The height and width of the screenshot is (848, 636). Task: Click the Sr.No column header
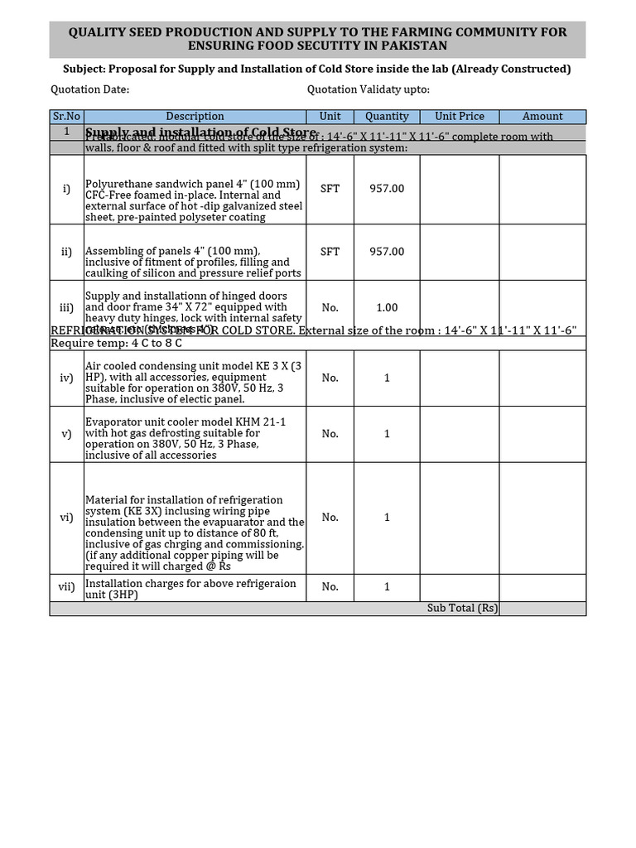(66, 117)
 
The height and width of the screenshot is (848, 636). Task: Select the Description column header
(195, 117)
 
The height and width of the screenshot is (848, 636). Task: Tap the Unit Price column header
(460, 117)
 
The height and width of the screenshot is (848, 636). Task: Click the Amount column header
(542, 117)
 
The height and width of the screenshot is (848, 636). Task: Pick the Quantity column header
(387, 117)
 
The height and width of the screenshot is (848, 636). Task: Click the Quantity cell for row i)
(387, 189)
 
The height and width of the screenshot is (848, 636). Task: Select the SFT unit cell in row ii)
(330, 252)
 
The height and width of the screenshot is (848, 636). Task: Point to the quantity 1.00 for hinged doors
(387, 307)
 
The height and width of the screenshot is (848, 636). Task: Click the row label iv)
(66, 378)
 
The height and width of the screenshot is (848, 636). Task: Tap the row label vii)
(66, 587)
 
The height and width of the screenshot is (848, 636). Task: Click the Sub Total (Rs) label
(462, 608)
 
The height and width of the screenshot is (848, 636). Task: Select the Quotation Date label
(89, 89)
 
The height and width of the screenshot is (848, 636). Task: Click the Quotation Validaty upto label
(368, 89)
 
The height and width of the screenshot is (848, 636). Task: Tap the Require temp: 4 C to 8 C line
(116, 343)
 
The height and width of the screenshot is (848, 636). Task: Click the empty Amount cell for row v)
(542, 434)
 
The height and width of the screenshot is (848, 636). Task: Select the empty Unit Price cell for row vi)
(460, 518)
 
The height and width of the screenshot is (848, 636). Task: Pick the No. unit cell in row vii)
(330, 587)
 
